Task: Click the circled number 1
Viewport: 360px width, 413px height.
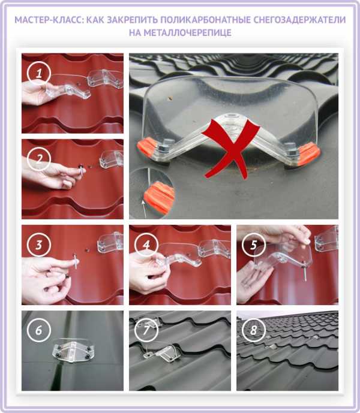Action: coord(39,73)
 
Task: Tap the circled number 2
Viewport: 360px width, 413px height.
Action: coord(39,159)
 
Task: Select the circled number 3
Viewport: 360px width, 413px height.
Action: coord(39,245)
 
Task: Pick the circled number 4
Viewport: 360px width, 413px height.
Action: coord(146,245)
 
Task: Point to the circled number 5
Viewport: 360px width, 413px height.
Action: coord(253,245)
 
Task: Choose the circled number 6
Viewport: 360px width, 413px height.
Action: coord(39,330)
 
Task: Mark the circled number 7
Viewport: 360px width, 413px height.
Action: coord(146,330)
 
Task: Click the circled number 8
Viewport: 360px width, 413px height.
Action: coord(253,330)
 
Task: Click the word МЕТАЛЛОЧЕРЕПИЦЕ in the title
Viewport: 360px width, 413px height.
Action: coord(188,32)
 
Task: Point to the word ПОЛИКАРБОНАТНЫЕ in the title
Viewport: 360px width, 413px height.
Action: coord(205,20)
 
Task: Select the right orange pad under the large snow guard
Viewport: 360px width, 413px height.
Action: coord(309,154)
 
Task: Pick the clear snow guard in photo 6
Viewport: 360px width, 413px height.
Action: coord(72,351)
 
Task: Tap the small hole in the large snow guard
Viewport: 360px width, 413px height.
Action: coord(170,99)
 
